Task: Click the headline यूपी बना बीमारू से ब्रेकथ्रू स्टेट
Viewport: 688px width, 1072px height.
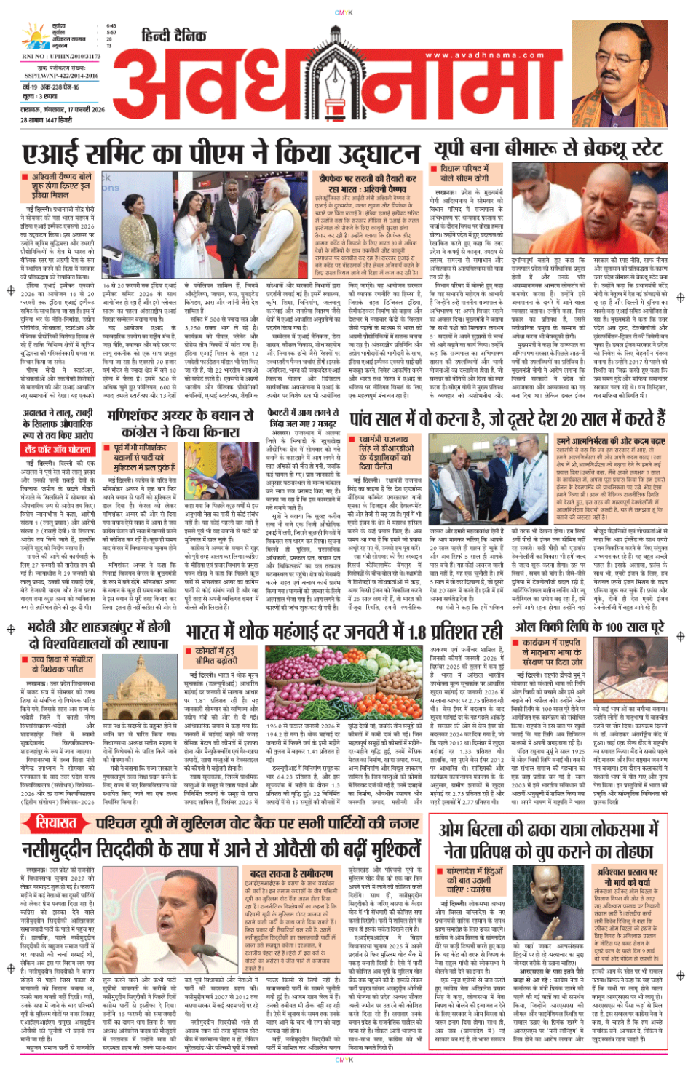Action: click(x=547, y=149)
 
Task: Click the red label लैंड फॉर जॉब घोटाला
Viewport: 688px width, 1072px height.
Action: click(x=58, y=450)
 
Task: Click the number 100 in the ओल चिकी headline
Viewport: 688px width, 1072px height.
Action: click(x=615, y=627)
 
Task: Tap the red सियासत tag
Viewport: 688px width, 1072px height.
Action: click(x=56, y=823)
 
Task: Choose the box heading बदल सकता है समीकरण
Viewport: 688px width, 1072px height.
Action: click(x=291, y=873)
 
